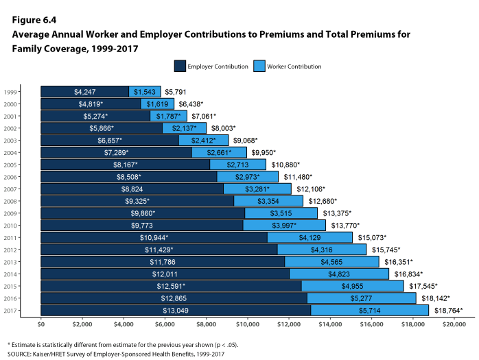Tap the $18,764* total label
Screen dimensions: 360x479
point(447,311)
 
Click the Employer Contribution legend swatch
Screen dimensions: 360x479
point(180,66)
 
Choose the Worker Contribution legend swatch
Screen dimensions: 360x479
point(259,66)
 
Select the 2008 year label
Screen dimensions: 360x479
point(10,201)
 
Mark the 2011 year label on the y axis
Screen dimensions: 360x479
point(10,238)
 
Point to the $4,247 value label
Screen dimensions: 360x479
point(86,91)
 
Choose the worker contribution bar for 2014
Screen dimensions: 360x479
point(339,274)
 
